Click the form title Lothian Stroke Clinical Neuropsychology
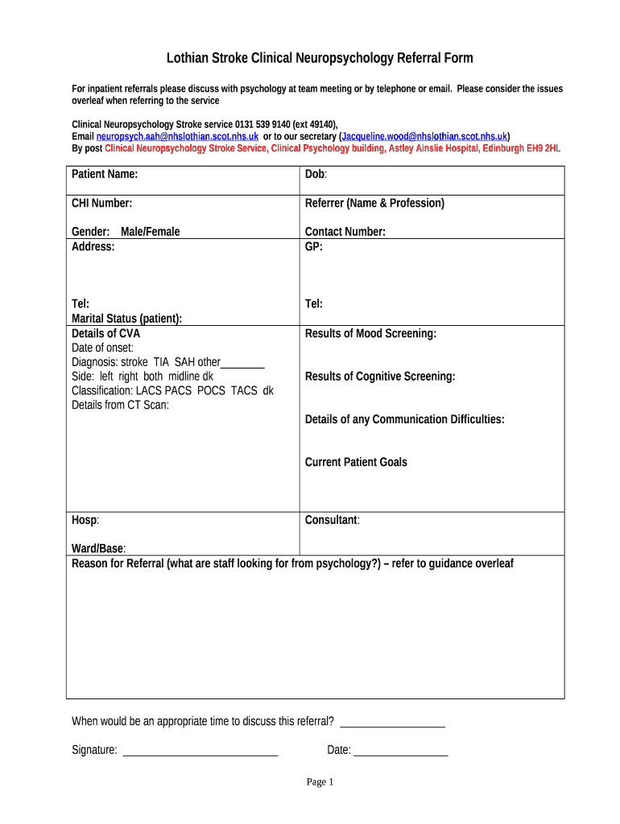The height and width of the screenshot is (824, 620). click(x=320, y=58)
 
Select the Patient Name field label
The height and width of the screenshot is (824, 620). click(x=105, y=174)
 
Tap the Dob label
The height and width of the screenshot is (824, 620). click(x=316, y=174)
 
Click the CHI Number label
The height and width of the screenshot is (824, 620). click(x=102, y=203)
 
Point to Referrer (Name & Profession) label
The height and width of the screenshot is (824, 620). click(x=374, y=203)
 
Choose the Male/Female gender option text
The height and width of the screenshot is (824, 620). click(x=151, y=232)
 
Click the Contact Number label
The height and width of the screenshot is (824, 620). click(x=345, y=232)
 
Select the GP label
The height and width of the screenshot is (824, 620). click(x=314, y=246)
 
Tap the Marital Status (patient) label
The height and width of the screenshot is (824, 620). click(x=127, y=319)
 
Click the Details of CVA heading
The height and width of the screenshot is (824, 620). click(x=106, y=333)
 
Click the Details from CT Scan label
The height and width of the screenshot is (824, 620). click(x=121, y=405)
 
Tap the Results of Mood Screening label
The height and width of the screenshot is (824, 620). click(x=370, y=333)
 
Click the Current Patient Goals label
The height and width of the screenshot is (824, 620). click(x=356, y=462)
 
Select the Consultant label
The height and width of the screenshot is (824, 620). click(x=332, y=520)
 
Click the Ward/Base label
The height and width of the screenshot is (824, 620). click(x=98, y=548)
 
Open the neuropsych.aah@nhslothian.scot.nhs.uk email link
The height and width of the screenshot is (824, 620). click(x=178, y=137)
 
